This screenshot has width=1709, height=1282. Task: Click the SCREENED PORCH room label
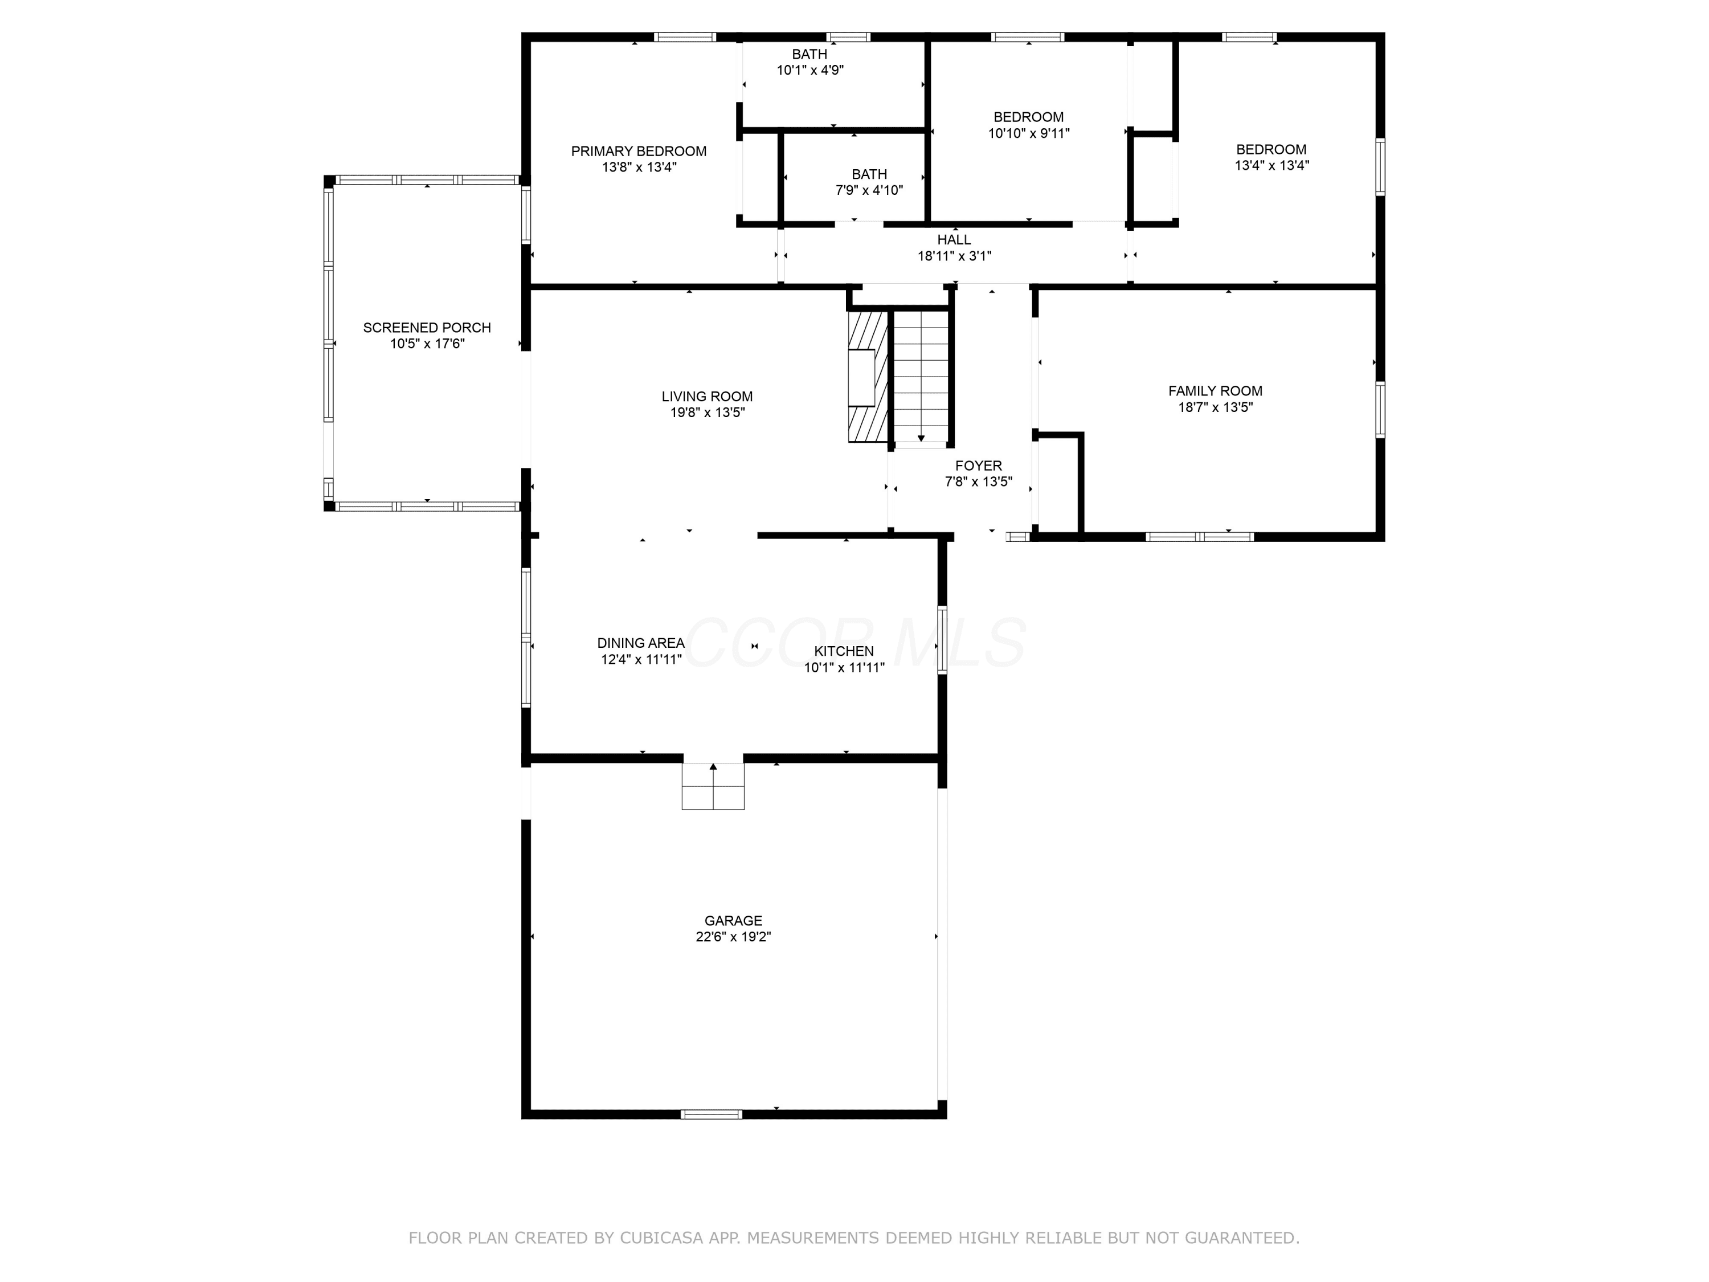click(427, 328)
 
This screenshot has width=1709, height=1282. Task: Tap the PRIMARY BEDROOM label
click(639, 152)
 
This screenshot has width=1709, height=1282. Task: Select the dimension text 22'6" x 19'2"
click(733, 937)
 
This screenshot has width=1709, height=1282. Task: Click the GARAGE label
click(733, 920)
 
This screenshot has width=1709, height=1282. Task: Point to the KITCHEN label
click(844, 651)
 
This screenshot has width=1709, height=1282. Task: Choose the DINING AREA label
click(640, 643)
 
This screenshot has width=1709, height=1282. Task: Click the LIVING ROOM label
click(707, 397)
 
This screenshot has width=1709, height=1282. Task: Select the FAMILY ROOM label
click(1215, 391)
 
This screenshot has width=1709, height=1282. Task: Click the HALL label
click(954, 239)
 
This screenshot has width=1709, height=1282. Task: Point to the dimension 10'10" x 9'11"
click(1028, 133)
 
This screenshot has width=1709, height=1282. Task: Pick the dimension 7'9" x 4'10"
click(869, 190)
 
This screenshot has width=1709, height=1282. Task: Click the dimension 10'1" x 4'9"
click(809, 70)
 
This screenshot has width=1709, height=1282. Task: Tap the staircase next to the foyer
click(921, 377)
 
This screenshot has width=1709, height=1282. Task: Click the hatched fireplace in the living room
click(868, 376)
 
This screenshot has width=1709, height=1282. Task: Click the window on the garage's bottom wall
click(712, 1114)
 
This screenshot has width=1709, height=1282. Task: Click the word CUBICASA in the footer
click(661, 1238)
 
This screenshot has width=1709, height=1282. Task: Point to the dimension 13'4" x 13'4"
click(1271, 165)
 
